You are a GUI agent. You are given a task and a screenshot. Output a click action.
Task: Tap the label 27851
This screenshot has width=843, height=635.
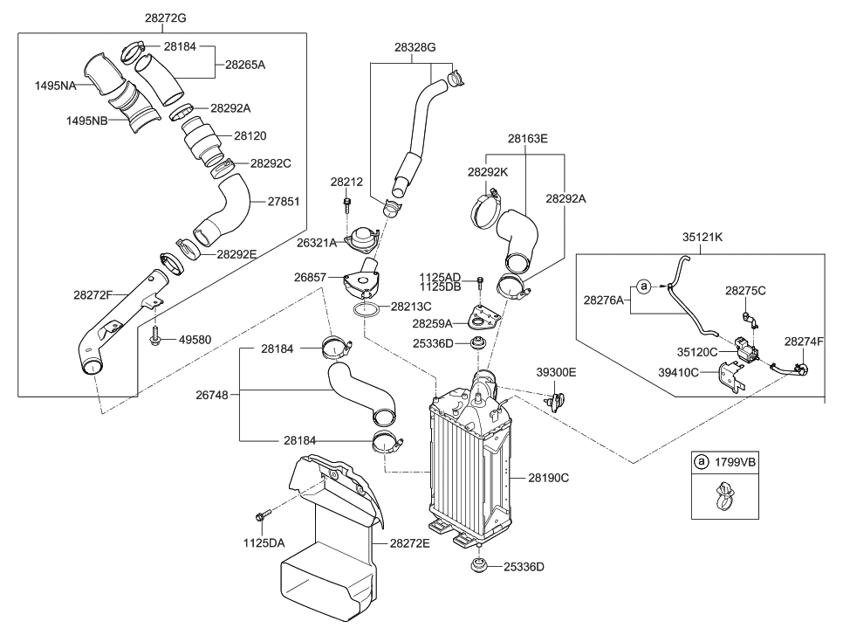coord(280,201)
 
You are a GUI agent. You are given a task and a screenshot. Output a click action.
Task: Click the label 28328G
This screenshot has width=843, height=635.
coord(415,48)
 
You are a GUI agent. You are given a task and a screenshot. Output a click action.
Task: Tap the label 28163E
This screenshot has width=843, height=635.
coord(527,138)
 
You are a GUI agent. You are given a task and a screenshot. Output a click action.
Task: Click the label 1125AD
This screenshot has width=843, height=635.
coord(440,277)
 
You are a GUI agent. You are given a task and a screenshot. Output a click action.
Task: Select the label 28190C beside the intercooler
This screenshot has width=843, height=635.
coord(548,478)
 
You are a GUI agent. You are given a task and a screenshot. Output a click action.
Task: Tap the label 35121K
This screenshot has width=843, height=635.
coord(705,236)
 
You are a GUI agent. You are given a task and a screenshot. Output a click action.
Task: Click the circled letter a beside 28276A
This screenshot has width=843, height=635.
coord(643,286)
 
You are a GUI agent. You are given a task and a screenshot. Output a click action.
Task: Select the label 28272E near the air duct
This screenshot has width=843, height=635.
coord(410,542)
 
